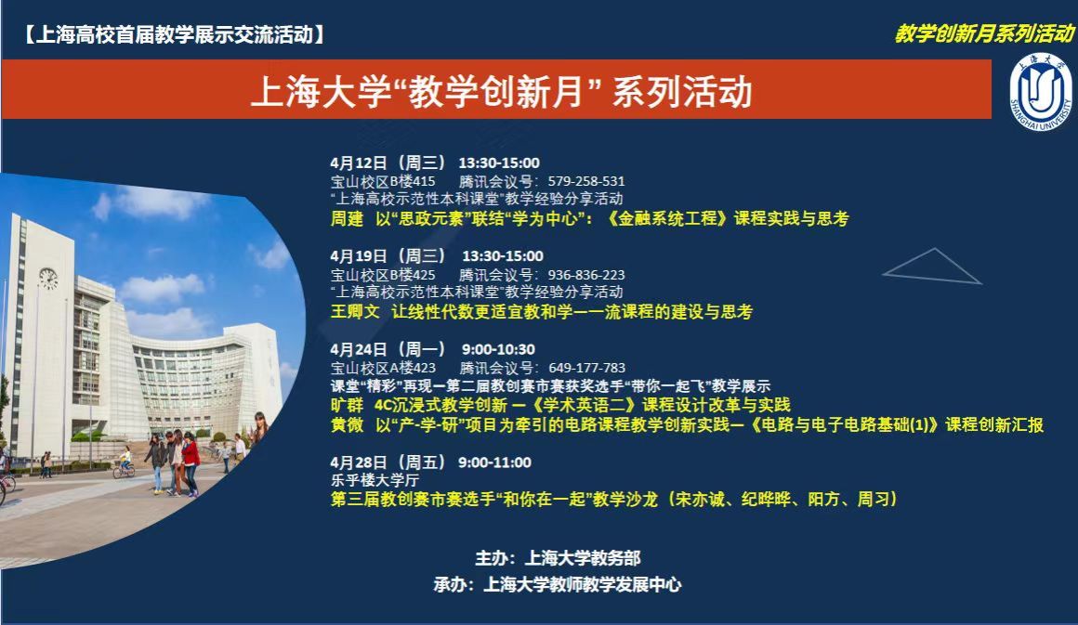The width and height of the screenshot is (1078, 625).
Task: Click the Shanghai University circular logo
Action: click(1041, 92)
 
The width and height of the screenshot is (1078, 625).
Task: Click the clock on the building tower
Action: click(48, 279)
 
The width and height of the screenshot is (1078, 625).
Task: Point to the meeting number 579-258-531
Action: click(586, 181)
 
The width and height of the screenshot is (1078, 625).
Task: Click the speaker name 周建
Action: click(347, 218)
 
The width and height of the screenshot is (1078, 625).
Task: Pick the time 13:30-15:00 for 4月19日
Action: click(503, 256)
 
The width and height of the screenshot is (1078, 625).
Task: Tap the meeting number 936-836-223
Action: click(586, 275)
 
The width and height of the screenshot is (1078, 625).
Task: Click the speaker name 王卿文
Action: click(355, 312)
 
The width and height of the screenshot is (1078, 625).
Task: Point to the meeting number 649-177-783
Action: click(587, 368)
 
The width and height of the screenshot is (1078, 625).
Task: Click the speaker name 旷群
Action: click(347, 405)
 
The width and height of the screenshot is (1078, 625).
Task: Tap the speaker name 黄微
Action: click(347, 424)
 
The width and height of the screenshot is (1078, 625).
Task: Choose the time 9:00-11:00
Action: click(495, 462)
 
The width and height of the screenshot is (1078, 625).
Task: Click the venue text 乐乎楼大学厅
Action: click(375, 480)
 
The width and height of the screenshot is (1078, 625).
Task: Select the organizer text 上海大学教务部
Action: click(583, 558)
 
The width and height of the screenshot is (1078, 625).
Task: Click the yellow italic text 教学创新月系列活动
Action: click(984, 33)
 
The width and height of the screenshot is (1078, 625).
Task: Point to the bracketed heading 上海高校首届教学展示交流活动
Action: click(175, 34)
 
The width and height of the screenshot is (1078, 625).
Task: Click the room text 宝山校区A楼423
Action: click(383, 368)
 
